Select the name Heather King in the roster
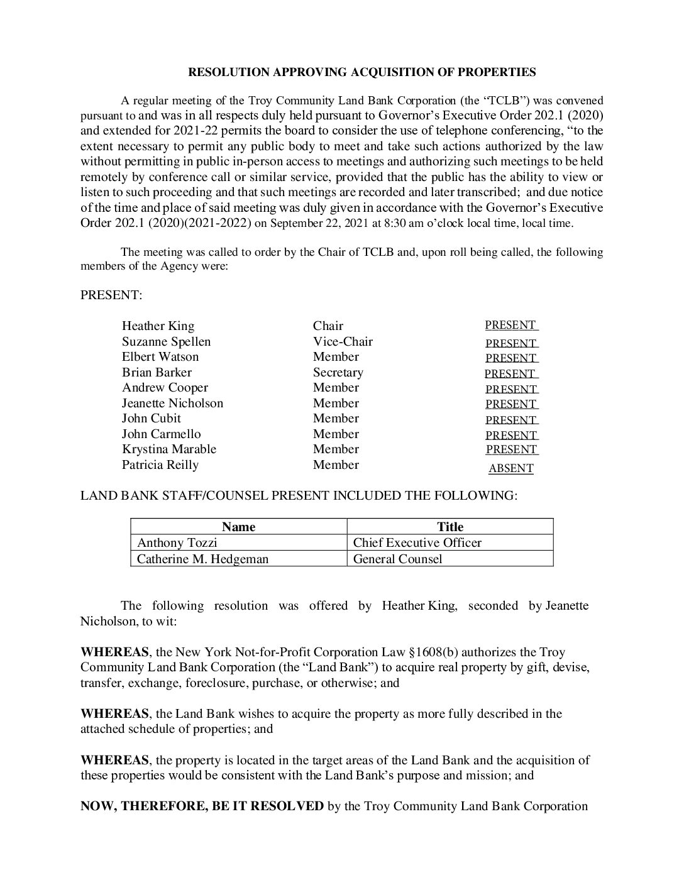[158, 326]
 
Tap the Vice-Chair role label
[343, 341]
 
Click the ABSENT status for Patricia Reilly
[510, 468]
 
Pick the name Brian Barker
[157, 372]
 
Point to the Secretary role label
[338, 372]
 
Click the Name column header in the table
[239, 527]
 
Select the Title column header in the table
[450, 527]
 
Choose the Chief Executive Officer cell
[417, 542]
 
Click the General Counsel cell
[398, 559]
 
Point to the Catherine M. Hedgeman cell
[202, 559]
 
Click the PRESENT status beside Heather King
[510, 325]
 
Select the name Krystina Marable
[169, 449]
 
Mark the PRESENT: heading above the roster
[111, 295]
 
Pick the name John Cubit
[152, 418]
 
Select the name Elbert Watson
[160, 356]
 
